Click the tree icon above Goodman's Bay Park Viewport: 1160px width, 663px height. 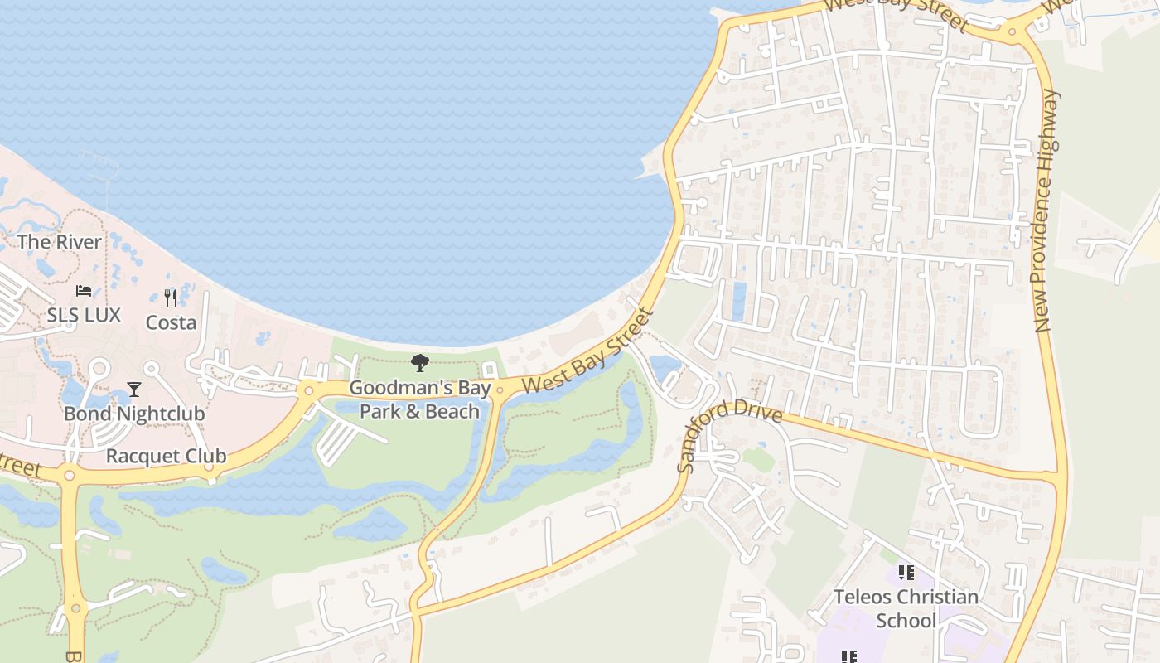420,362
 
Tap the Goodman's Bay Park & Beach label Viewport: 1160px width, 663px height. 419,399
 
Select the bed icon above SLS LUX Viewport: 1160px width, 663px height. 84,291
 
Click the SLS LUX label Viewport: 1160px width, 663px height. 84,315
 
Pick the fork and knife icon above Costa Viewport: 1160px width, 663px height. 171,298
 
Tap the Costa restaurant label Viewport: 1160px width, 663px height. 171,322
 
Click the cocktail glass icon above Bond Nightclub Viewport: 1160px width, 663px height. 134,389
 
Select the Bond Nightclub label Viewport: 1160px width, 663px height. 134,413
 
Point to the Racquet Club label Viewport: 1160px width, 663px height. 166,456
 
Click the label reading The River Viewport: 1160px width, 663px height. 60,242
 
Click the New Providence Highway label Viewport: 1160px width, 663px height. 1046,211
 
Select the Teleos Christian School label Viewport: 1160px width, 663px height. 906,608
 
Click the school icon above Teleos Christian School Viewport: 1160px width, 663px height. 906,573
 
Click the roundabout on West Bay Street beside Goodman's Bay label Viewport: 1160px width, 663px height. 500,390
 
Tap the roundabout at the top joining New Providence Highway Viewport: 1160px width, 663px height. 1012,32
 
